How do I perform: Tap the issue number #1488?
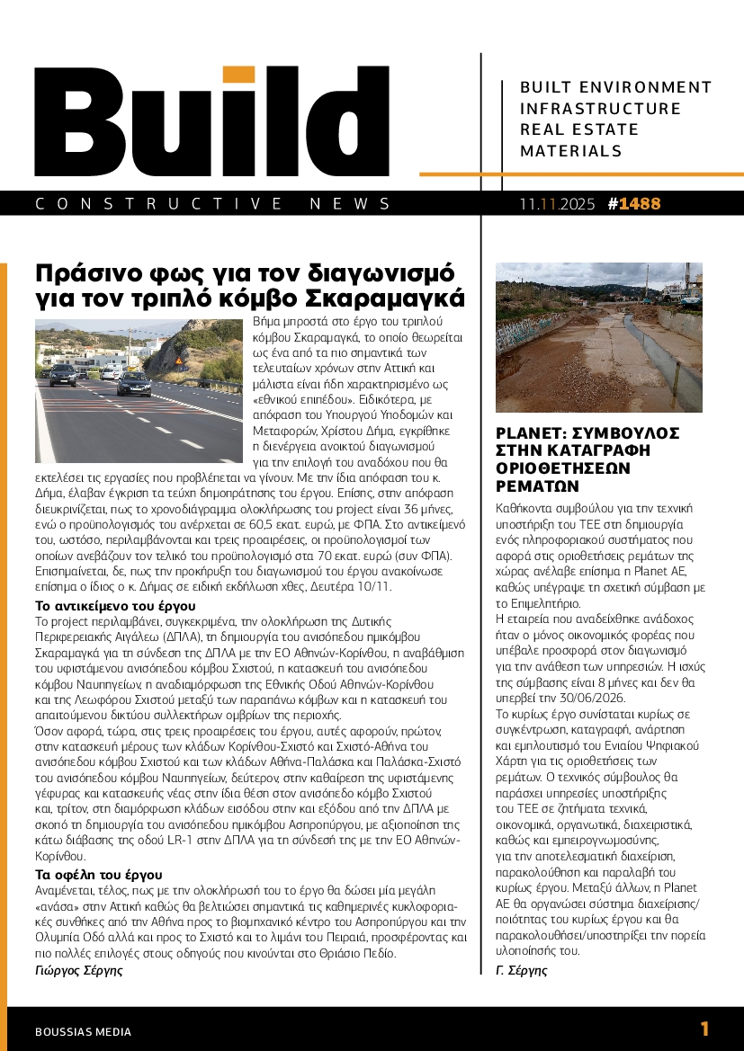click(x=634, y=204)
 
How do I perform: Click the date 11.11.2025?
click(x=557, y=204)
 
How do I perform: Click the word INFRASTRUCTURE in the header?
click(x=600, y=109)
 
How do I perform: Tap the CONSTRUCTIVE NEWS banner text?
click(x=213, y=204)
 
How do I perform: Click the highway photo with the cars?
click(x=131, y=390)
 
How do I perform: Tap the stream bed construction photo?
click(x=599, y=337)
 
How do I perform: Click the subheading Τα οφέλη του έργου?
click(x=98, y=874)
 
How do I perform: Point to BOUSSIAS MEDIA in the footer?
click(x=83, y=1031)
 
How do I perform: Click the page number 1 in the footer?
click(x=704, y=1029)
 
